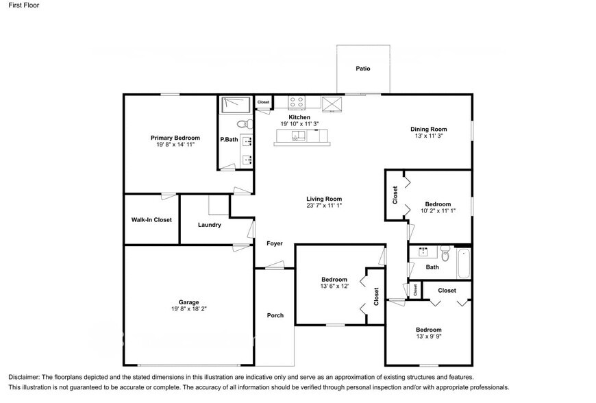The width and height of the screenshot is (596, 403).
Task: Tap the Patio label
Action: click(363, 69)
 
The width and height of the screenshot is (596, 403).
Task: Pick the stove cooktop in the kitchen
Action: click(297, 102)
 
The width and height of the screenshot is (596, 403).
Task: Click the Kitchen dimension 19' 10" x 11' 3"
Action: click(299, 124)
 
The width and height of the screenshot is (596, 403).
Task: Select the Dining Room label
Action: click(428, 129)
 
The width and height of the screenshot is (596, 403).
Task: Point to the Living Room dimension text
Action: click(324, 206)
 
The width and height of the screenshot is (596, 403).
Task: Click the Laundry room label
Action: click(209, 225)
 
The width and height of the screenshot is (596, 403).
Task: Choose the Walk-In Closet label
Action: click(151, 220)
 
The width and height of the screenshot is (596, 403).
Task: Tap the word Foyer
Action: click(275, 243)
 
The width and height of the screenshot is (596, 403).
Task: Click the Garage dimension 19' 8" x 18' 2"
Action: click(189, 309)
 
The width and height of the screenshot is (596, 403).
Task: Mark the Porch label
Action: click(275, 315)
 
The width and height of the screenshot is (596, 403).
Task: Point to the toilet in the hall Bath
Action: click(445, 254)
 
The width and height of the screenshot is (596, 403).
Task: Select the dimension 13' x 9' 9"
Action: click(428, 337)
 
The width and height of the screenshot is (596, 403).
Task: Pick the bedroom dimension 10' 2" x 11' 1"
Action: click(438, 211)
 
